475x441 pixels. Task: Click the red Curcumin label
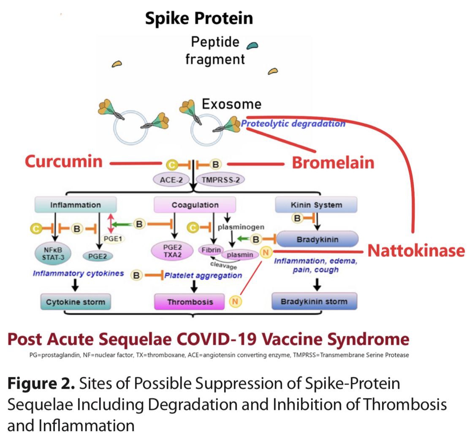point(64,161)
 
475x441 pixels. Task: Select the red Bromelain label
point(333,163)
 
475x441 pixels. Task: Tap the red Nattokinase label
point(416,250)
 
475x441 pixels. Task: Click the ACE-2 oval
point(171,180)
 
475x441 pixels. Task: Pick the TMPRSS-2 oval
point(220,180)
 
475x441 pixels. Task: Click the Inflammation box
point(76,205)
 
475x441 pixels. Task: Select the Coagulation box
point(195,205)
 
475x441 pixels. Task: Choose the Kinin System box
point(316,205)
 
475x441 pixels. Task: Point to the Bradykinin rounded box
point(317,240)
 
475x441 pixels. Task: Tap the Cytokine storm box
point(76,302)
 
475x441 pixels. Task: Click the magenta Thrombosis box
point(190,302)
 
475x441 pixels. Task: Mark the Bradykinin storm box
point(314,302)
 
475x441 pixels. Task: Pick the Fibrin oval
point(210,250)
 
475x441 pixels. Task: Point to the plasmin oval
point(240,255)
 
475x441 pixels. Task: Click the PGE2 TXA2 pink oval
point(168,250)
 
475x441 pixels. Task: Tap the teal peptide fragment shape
point(252,45)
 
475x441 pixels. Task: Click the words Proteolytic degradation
point(293,123)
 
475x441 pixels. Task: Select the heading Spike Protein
point(199,18)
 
